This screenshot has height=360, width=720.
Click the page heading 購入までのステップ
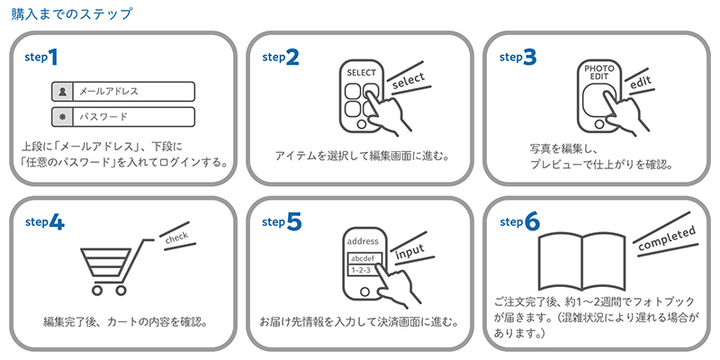pyautogui.click(x=72, y=13)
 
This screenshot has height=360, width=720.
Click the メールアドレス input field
pyautogui.click(x=123, y=92)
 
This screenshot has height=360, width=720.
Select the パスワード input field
pyautogui.click(x=123, y=117)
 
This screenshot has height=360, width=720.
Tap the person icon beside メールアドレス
pyautogui.click(x=62, y=92)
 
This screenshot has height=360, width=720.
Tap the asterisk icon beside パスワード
pyautogui.click(x=62, y=117)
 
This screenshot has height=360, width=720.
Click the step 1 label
pyautogui.click(x=41, y=58)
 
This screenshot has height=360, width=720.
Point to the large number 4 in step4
pyautogui.click(x=56, y=222)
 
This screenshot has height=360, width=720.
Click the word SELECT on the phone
pyautogui.click(x=362, y=73)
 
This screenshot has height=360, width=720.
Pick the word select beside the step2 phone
pyautogui.click(x=409, y=80)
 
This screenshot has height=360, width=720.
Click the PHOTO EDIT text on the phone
pyautogui.click(x=598, y=73)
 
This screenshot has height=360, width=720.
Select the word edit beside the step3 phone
pyautogui.click(x=641, y=83)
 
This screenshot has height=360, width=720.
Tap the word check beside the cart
pyautogui.click(x=176, y=238)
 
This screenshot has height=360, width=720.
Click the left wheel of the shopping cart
pyautogui.click(x=97, y=290)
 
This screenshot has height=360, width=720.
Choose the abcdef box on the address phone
pyautogui.click(x=363, y=258)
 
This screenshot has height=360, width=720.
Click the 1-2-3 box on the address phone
pyautogui.click(x=361, y=271)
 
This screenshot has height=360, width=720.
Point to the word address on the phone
pyautogui.click(x=364, y=241)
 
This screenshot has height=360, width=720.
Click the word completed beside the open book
pyautogui.click(x=667, y=238)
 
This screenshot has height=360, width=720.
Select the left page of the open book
pyautogui.click(x=560, y=260)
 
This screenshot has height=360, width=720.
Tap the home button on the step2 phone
pyautogui.click(x=362, y=124)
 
